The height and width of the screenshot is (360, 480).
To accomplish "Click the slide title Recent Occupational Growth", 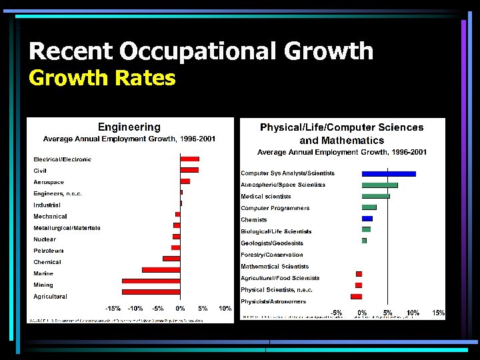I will (x=201, y=51).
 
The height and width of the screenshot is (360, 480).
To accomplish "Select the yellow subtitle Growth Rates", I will (x=102, y=79).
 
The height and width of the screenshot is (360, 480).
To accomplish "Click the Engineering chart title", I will (x=129, y=127).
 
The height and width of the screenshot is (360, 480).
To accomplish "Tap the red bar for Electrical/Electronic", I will (x=189, y=159).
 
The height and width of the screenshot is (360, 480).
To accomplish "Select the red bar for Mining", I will (x=151, y=281).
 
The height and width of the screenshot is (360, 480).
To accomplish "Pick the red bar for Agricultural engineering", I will (x=151, y=292).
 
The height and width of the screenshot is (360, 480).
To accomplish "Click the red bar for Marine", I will (x=161, y=269).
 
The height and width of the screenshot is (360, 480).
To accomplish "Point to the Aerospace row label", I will (x=49, y=182).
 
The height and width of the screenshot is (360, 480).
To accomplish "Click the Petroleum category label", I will (x=49, y=251).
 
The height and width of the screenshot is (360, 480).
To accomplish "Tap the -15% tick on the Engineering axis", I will (x=113, y=309).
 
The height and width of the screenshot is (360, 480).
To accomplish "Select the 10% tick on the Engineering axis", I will (x=225, y=309).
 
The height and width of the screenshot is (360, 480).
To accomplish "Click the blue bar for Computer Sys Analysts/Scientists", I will (x=389, y=173).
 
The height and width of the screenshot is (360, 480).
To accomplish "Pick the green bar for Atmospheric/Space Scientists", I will (x=379, y=185).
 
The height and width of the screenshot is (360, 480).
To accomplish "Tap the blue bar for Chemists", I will (x=367, y=219).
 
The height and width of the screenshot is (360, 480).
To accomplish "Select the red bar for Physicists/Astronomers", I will (x=356, y=296).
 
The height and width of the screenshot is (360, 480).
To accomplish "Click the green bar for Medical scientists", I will (x=375, y=196).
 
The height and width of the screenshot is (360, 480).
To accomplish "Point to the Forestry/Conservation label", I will (x=271, y=255).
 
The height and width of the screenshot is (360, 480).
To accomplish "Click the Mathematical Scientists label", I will (x=275, y=267).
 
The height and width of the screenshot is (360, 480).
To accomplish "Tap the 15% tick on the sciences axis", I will (x=438, y=313).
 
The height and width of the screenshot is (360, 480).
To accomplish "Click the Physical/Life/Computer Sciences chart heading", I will (x=341, y=133).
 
